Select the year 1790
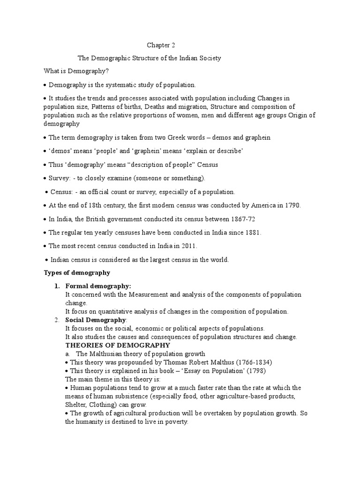(291, 206)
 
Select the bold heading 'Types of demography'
(77, 273)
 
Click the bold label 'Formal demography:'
(98, 286)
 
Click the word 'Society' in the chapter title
(209, 58)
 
